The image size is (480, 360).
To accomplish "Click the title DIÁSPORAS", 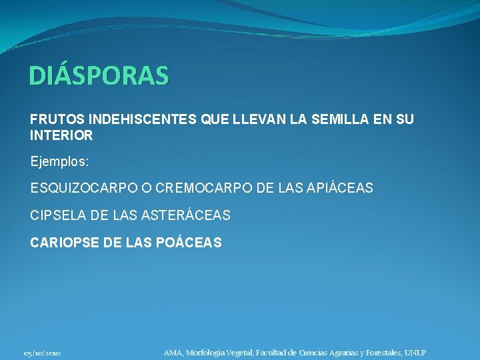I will [99, 76].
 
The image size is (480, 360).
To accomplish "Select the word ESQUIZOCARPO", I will [81, 189].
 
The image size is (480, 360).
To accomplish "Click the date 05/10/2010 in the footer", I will [42, 353].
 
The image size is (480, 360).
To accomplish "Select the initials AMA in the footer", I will [173, 353].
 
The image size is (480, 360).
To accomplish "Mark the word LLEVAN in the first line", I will [254, 120].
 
